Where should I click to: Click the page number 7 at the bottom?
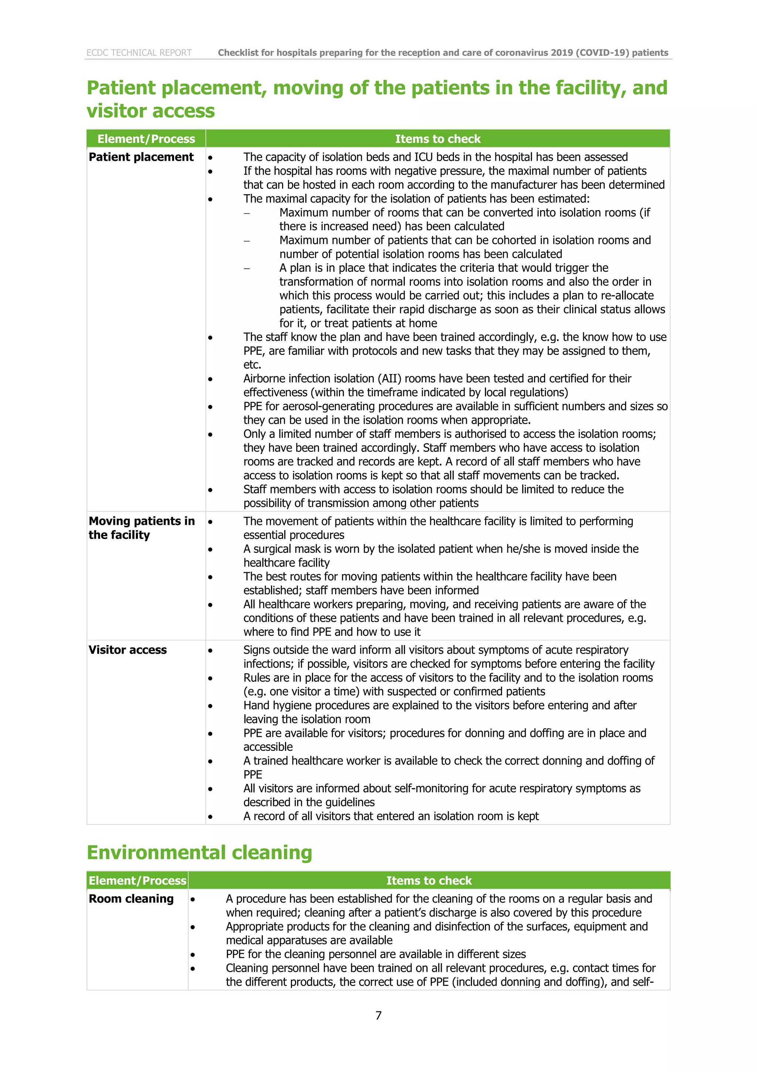coord(378,1016)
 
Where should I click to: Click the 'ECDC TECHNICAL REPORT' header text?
coord(139,53)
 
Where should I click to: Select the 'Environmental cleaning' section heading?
coord(199,852)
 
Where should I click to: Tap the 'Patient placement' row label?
coord(141,157)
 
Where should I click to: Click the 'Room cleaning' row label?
coord(131,898)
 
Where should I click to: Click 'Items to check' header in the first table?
coord(438,139)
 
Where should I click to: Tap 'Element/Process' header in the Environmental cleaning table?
coord(138,880)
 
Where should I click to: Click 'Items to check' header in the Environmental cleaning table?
coord(429,880)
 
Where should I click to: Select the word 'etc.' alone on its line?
coord(252,365)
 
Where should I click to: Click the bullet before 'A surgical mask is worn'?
coord(210,549)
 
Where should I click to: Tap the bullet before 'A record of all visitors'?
coord(210,817)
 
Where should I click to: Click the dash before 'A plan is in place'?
coord(247,268)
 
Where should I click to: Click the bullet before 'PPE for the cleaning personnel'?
coord(193,955)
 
